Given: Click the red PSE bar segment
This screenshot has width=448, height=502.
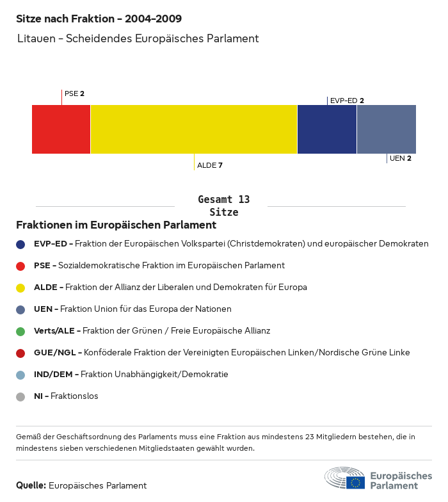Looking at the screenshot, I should (61, 129).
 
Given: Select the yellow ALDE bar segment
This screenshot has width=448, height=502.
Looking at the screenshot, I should (194, 129).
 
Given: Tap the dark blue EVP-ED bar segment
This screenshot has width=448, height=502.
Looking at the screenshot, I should (326, 129).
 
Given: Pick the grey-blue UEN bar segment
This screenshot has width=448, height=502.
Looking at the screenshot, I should (386, 129).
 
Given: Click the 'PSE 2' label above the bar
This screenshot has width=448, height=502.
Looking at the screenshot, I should (74, 93).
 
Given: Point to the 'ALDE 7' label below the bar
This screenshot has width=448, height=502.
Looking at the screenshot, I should (210, 165).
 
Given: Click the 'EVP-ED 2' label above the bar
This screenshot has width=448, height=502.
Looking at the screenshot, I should (347, 101).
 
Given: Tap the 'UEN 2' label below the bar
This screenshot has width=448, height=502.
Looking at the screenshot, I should (400, 158).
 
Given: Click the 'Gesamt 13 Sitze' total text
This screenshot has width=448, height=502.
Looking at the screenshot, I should (223, 206).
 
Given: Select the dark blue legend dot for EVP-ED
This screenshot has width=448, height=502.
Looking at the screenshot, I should (21, 244).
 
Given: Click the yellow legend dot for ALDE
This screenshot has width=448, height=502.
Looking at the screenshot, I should (21, 287).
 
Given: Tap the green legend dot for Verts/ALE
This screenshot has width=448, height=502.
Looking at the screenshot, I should (21, 331).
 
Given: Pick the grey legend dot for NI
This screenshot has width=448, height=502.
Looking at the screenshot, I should (21, 396).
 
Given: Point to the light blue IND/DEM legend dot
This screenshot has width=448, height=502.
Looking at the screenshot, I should (21, 375).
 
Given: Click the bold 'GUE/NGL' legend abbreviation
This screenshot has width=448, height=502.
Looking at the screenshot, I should (55, 353).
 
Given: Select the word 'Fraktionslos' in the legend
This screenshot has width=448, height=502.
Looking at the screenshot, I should (74, 396).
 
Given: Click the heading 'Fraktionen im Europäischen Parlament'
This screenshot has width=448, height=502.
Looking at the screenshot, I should (116, 225).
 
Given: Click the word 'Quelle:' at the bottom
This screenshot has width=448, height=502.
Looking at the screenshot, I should (31, 485).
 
